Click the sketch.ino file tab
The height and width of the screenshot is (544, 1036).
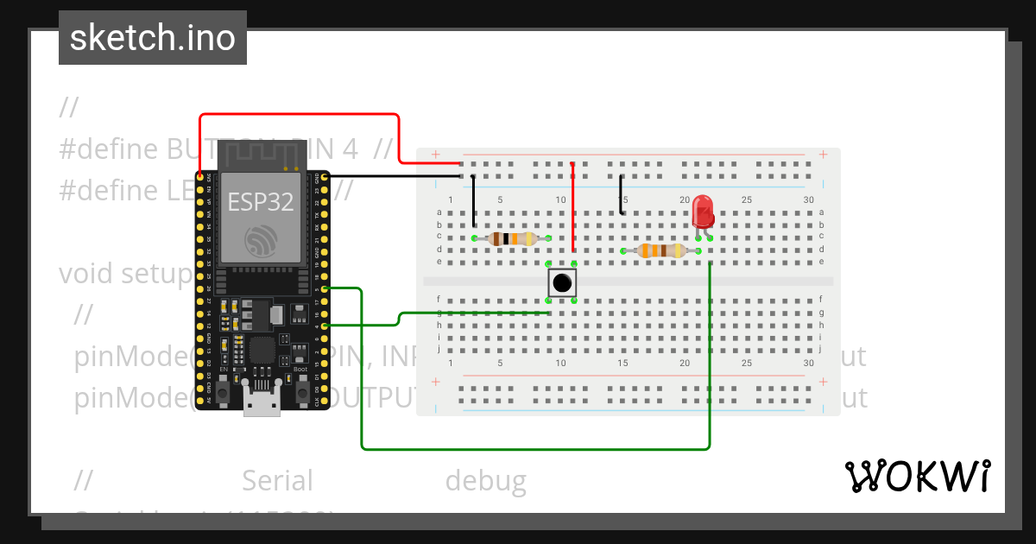tap(153, 38)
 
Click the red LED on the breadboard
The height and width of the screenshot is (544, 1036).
tap(703, 212)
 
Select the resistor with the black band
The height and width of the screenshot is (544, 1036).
tap(512, 238)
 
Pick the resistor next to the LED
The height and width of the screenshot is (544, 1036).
tap(660, 251)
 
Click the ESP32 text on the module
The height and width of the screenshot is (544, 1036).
tap(260, 202)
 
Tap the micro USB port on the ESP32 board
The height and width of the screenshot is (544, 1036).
tap(262, 404)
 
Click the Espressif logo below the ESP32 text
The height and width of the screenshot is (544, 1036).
tap(261, 240)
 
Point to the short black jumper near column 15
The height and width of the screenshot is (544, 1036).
tap(622, 194)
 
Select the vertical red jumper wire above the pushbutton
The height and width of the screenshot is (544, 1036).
tap(573, 207)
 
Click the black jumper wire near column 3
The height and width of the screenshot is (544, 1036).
tap(473, 203)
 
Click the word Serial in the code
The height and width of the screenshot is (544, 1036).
tap(277, 481)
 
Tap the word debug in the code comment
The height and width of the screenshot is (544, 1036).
tap(485, 481)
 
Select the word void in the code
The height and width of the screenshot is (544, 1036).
tap(86, 274)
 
